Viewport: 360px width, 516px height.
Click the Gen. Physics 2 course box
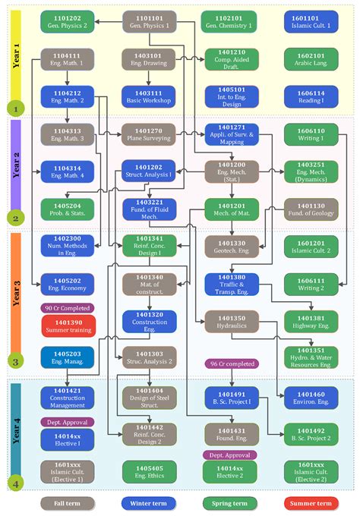(x=68, y=20)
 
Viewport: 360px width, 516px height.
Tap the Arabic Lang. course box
(x=311, y=58)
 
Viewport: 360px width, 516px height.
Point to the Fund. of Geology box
(x=311, y=209)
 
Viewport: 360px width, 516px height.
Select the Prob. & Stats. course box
(x=68, y=209)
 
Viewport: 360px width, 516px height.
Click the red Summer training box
(x=68, y=326)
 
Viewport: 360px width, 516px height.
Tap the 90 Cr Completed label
(x=68, y=308)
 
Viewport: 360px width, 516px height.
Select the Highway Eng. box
(x=311, y=322)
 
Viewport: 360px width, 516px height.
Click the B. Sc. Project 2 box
(x=311, y=434)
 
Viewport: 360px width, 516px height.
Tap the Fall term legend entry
(x=68, y=502)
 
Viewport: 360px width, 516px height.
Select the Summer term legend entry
(x=311, y=502)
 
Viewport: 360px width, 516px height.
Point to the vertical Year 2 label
(x=15, y=163)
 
